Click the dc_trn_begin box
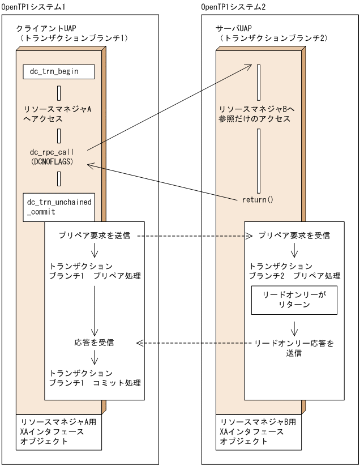tap(58, 72)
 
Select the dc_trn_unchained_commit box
tap(58, 207)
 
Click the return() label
tap(258, 199)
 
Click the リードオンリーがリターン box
tap(294, 300)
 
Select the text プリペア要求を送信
tap(95, 235)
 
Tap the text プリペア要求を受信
tap(294, 235)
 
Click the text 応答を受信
tap(94, 343)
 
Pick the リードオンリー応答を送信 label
tap(294, 348)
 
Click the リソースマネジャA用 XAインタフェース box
tap(59, 432)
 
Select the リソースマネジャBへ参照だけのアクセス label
tap(256, 114)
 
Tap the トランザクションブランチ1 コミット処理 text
tap(95, 378)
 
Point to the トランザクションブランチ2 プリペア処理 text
tap(295, 271)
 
